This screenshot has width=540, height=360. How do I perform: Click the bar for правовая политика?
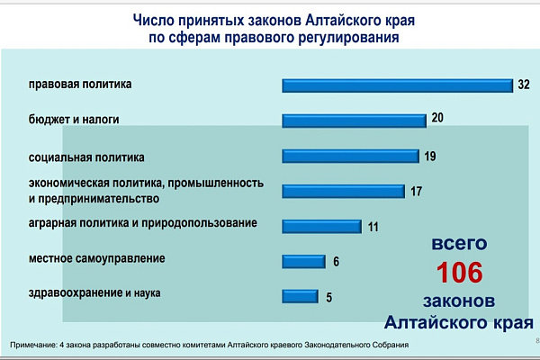click(x=398, y=85)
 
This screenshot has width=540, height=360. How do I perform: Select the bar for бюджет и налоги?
click(x=354, y=121)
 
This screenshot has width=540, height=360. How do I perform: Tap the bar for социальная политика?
click(x=351, y=156)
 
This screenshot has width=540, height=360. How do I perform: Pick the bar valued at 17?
click(x=344, y=191)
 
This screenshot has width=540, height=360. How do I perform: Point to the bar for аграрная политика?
click(x=321, y=226)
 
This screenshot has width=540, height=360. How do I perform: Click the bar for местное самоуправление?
click(x=304, y=262)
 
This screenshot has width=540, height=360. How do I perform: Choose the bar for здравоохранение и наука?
click(x=300, y=296)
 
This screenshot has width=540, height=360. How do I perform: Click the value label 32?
click(x=524, y=85)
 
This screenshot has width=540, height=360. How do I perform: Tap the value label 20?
click(x=437, y=118)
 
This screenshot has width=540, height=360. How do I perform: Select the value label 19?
click(x=430, y=156)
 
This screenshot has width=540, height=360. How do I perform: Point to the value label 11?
click(x=373, y=227)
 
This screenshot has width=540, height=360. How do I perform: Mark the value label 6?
click(x=336, y=262)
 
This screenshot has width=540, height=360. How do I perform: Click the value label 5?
click(x=329, y=297)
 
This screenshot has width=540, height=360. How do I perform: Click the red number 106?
click(x=460, y=273)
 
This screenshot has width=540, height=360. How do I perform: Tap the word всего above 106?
click(x=459, y=244)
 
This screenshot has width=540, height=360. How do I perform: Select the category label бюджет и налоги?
click(x=74, y=120)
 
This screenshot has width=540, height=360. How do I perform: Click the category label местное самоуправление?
click(x=97, y=258)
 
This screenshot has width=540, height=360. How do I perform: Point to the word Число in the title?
click(x=154, y=20)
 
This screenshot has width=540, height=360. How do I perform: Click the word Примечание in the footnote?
click(x=34, y=345)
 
